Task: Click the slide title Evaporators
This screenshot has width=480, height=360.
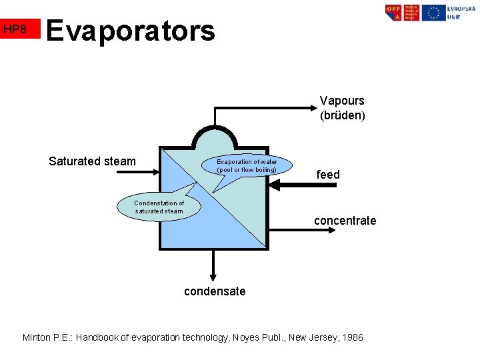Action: click(x=131, y=30)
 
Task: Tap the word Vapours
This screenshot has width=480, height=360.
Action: click(x=342, y=101)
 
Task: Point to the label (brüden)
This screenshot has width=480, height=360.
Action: click(x=342, y=115)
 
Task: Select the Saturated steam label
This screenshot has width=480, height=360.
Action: click(x=92, y=161)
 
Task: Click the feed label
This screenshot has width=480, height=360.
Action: click(x=328, y=175)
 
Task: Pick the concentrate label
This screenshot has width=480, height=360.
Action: click(x=345, y=221)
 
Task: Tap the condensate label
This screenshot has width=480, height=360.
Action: click(x=215, y=291)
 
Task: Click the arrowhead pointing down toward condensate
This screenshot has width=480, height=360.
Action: click(x=213, y=277)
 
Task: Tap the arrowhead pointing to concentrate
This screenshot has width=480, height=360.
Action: click(x=305, y=230)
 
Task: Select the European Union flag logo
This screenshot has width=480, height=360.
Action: click(x=434, y=13)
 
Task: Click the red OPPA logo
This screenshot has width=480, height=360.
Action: click(x=394, y=13)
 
